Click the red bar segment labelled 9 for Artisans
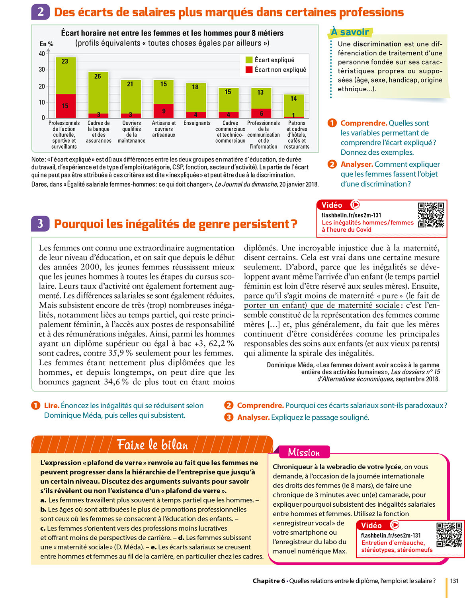(163, 111)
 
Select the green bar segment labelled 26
(98, 93)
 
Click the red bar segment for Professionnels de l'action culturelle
(66, 106)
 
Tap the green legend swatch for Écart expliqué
(249, 60)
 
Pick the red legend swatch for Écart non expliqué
(249, 69)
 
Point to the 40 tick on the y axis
(42, 54)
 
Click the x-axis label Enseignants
(197, 123)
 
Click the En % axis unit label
(46, 44)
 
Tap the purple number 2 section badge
(41, 12)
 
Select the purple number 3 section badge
(41, 224)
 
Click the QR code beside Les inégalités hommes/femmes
(431, 215)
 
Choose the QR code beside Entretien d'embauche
(449, 535)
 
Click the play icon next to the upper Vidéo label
(355, 205)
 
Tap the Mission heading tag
(304, 452)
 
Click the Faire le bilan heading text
(152, 445)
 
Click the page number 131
(454, 581)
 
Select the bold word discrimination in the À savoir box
(377, 44)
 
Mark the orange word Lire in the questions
(51, 405)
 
